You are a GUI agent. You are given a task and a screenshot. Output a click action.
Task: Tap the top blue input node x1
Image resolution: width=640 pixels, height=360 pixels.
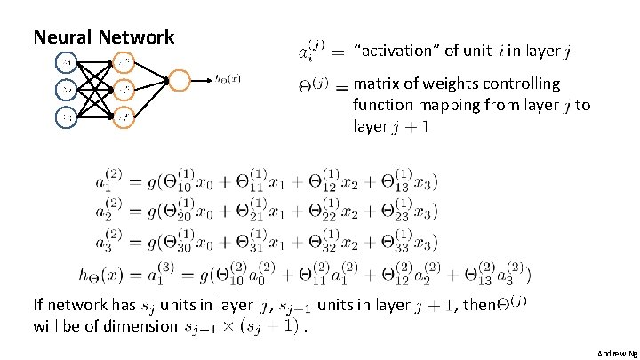67,62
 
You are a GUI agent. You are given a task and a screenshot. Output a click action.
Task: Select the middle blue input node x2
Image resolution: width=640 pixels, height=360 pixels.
67,89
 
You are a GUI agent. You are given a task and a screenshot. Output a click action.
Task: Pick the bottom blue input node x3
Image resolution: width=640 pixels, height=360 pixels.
67,116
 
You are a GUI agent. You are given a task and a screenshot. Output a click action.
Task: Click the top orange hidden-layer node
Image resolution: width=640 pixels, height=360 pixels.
122,62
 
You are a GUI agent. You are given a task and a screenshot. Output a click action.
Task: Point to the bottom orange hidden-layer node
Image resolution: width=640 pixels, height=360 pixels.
122,116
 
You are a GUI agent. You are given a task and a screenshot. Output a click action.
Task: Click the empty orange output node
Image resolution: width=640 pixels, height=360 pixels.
179,81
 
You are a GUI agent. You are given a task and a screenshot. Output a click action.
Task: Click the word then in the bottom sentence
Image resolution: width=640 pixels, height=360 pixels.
479,305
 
